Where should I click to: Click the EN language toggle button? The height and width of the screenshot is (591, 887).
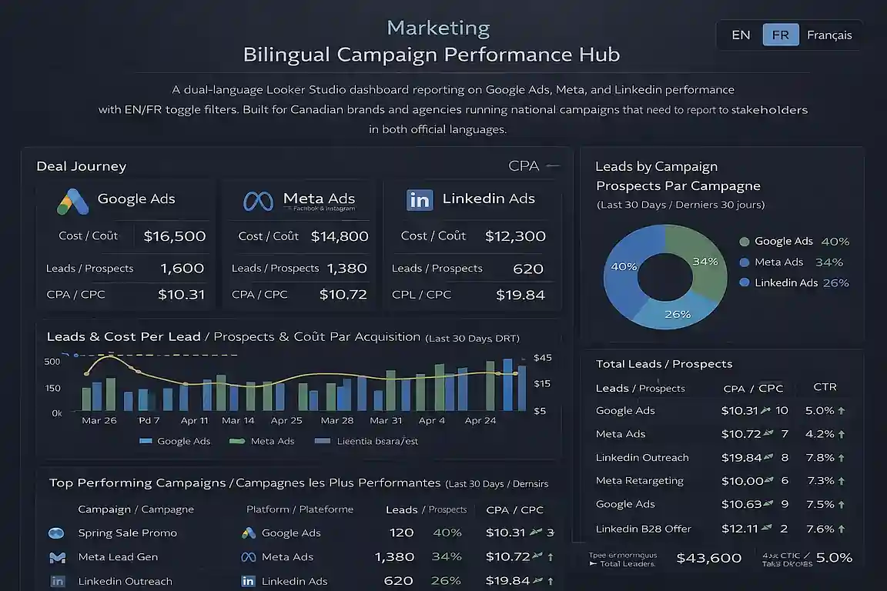[741, 35]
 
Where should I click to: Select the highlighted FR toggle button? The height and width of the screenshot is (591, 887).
[780, 35]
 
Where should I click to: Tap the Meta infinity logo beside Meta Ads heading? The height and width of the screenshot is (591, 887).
[258, 201]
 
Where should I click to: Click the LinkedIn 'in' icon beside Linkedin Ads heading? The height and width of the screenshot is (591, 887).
[420, 200]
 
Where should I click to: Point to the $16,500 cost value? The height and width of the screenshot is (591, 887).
[175, 236]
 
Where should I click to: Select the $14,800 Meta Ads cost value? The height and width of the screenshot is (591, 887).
[340, 236]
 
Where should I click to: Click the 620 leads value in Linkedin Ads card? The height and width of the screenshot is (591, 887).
[528, 269]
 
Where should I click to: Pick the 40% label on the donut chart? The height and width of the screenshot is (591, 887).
[623, 266]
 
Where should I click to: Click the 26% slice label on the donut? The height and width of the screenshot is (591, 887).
[677, 314]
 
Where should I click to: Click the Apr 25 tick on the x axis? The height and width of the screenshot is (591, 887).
[286, 421]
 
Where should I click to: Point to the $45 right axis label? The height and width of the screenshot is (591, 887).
[543, 358]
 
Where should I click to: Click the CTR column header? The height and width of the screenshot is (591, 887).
[825, 387]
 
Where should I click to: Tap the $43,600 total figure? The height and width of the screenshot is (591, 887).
[708, 558]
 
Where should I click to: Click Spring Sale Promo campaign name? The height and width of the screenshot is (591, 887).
[127, 533]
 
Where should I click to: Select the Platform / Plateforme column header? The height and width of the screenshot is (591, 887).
[300, 509]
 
